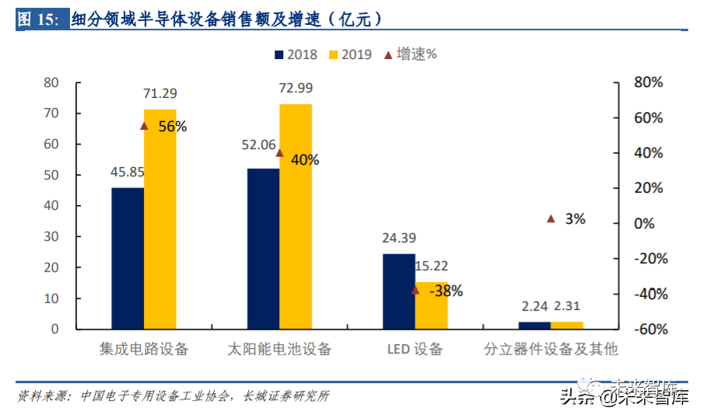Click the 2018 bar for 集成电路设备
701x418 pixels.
pos(128,258)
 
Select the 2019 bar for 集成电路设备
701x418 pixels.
pos(159,219)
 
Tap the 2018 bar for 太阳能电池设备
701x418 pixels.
pos(263,249)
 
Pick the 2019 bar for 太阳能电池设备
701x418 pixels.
pos(296,216)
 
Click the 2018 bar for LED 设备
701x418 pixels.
pos(398,291)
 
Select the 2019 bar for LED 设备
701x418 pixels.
pos(431,305)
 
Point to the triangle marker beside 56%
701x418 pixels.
pos(144,126)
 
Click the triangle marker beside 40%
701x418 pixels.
pos(279,153)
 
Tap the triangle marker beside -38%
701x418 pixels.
pos(415,291)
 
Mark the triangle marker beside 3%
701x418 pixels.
pos(551,219)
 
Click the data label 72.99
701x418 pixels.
pos(296,88)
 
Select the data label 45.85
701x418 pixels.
pos(128,172)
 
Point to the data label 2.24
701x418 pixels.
pos(534,306)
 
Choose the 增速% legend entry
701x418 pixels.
pos(410,54)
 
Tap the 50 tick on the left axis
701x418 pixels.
pos(51,175)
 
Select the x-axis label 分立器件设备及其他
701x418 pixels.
pos(551,349)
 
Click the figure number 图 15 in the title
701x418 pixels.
pos(38,19)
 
